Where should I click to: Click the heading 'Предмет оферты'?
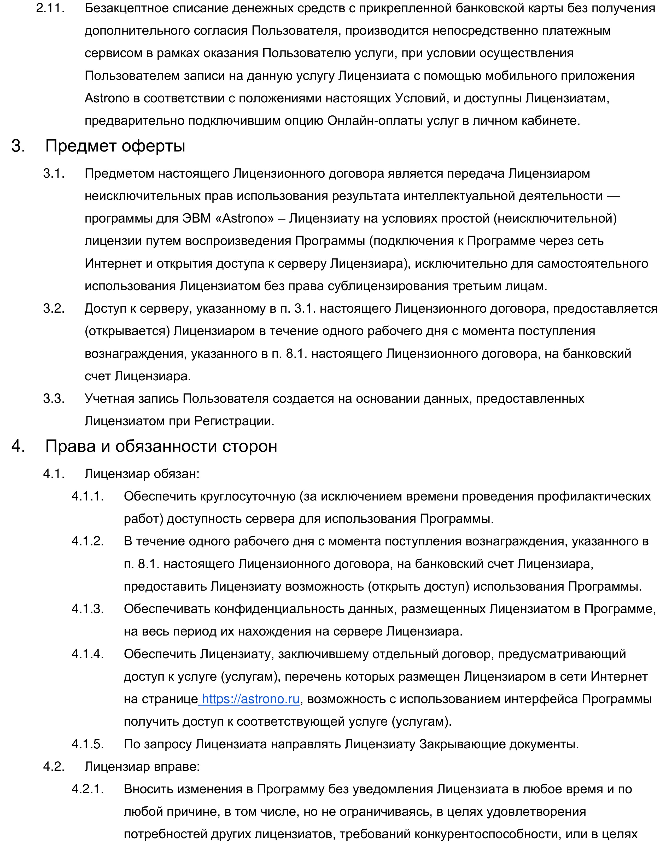tap(115, 146)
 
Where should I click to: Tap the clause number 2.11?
tap(50, 8)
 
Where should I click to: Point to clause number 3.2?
tap(54, 308)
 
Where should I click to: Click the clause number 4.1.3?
tap(87, 609)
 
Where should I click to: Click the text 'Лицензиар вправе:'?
tap(142, 766)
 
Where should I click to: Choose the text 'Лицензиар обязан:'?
tap(142, 473)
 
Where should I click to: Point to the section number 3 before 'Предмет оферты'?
tap(18, 146)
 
